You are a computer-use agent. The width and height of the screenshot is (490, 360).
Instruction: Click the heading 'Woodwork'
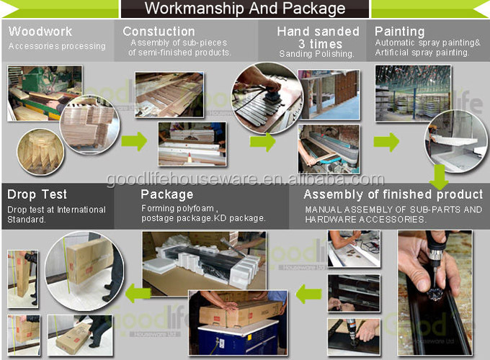[x=40, y=31]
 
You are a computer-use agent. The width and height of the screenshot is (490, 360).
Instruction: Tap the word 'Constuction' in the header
[x=159, y=31]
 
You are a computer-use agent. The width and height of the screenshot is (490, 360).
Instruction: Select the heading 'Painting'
[x=400, y=32]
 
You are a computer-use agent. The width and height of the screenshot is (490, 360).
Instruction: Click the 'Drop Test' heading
[x=37, y=194]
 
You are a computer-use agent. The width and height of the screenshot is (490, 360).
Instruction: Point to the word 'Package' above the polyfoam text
[x=167, y=194]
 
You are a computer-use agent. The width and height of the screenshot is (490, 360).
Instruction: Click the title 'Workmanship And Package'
[x=245, y=9]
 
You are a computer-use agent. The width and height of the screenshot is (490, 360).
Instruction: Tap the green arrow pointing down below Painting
[x=439, y=176]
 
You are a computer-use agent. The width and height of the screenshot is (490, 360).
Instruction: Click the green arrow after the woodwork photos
[x=134, y=141]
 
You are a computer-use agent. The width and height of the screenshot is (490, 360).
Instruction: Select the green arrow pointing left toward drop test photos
[x=138, y=293]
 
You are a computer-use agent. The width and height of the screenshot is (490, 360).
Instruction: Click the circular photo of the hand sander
[x=267, y=98]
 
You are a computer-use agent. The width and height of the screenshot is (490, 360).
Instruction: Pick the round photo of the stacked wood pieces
[x=40, y=152]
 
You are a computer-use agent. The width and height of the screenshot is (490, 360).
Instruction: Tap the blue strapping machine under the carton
[x=238, y=339]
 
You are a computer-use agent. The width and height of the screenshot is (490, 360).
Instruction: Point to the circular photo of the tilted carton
[x=84, y=271]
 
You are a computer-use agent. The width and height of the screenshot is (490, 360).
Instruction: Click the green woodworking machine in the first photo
[x=47, y=82]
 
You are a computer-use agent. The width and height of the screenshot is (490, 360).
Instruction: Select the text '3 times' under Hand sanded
[x=321, y=44]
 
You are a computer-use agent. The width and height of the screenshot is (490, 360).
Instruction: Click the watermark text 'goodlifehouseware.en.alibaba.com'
[x=245, y=179]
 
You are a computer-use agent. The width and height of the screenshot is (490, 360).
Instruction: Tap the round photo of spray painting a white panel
[x=455, y=141]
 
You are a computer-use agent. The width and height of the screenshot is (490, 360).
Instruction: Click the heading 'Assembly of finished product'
[x=393, y=194]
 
